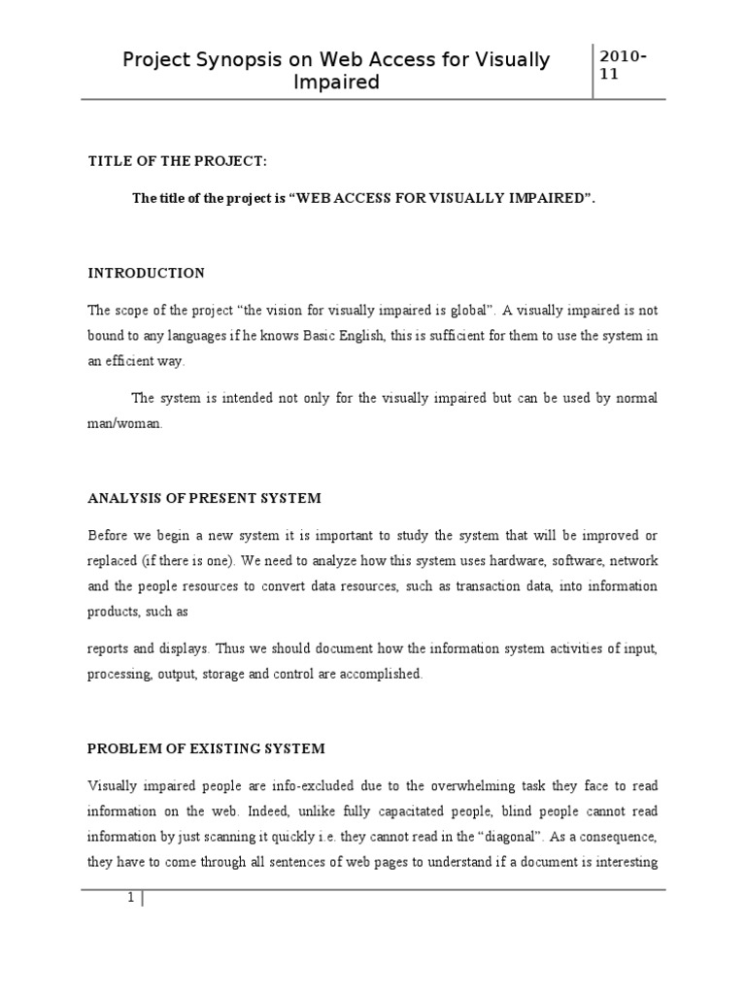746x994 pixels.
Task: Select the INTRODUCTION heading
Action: (x=146, y=273)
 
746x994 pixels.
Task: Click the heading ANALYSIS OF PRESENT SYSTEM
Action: (x=204, y=498)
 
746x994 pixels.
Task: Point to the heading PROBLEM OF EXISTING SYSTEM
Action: (x=207, y=748)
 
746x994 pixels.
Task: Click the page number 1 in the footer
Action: (x=129, y=898)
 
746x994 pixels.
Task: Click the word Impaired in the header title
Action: (x=337, y=83)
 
